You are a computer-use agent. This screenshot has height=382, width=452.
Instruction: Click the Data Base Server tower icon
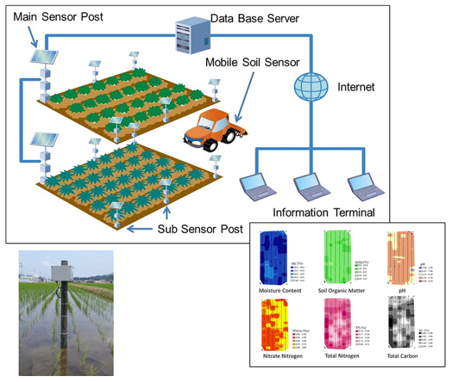point(185,34)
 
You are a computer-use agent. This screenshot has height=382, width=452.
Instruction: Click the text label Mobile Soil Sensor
point(253,63)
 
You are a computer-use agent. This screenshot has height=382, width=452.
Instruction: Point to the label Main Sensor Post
point(58,15)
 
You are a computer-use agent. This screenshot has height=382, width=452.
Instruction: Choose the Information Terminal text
point(324,213)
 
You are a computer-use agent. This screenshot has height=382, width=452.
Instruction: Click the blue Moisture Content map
point(273,260)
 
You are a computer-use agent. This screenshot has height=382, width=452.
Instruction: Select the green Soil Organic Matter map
point(337,259)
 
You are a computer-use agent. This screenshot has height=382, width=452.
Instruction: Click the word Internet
point(357,87)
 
